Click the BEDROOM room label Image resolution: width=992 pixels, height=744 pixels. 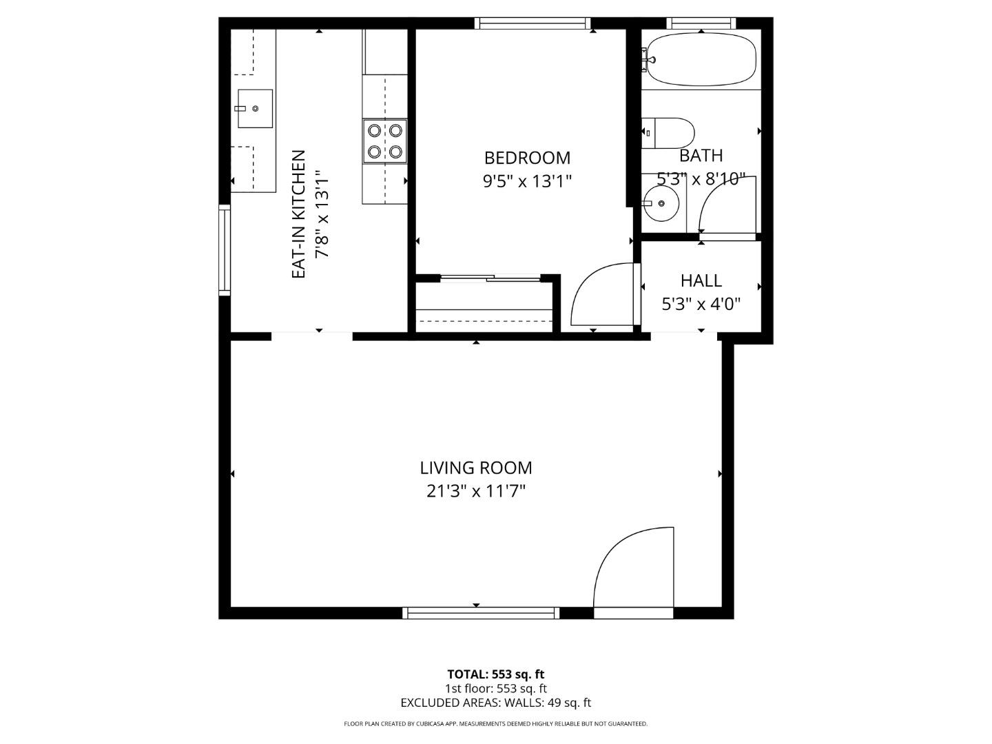(x=527, y=158)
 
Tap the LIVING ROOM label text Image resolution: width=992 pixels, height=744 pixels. (x=476, y=468)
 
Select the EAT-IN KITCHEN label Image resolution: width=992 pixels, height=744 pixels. (x=298, y=214)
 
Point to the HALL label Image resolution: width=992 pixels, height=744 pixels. (x=701, y=280)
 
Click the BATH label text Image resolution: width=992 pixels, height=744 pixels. (x=701, y=156)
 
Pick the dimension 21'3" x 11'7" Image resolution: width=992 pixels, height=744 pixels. (x=476, y=491)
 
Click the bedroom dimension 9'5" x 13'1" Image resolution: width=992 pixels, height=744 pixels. (x=527, y=181)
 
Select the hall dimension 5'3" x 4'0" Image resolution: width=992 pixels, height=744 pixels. (x=701, y=304)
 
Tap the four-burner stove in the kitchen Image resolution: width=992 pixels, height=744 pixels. (x=385, y=141)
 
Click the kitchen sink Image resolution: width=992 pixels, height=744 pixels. (x=255, y=109)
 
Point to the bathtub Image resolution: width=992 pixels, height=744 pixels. (x=701, y=61)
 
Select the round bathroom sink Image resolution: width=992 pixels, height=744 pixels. (x=661, y=203)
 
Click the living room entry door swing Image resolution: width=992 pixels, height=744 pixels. (x=630, y=568)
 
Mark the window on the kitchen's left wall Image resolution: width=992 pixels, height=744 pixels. (x=224, y=250)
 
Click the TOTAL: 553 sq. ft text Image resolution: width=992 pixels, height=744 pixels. (x=495, y=674)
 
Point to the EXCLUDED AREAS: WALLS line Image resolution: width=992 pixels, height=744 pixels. (x=495, y=703)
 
